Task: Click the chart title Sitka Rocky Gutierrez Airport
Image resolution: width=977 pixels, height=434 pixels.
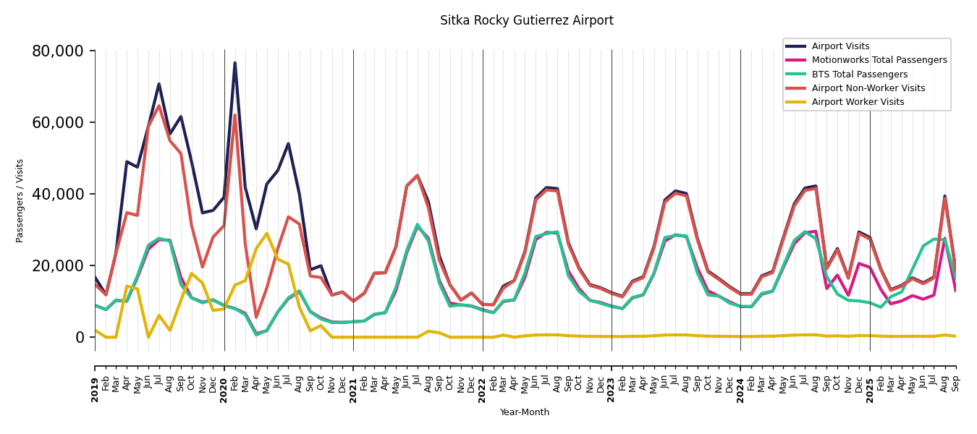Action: point(526,21)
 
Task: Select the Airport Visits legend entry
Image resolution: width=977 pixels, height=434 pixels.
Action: point(840,46)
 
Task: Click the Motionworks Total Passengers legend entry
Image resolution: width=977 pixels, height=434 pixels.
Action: point(879,60)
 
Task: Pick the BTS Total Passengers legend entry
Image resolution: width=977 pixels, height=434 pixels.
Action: point(859,75)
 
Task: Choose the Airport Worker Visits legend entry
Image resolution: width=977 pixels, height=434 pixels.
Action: point(858,102)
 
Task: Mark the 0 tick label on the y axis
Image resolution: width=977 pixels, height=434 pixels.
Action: point(80,337)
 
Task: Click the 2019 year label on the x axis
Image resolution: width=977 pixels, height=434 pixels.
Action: point(96,380)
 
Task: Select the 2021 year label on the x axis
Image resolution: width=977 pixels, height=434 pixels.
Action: point(353,380)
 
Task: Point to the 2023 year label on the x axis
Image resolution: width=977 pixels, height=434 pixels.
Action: point(612,380)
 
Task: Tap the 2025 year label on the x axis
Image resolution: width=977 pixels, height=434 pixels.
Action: point(870,380)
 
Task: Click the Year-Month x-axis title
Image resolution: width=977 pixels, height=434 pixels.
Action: point(524,412)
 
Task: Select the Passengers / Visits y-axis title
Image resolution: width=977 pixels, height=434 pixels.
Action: point(20,200)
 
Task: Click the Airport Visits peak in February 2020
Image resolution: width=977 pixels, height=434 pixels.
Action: point(234,63)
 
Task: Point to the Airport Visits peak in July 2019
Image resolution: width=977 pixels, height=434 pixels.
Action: point(159,84)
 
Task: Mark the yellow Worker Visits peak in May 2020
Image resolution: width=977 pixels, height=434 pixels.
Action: point(266,234)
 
